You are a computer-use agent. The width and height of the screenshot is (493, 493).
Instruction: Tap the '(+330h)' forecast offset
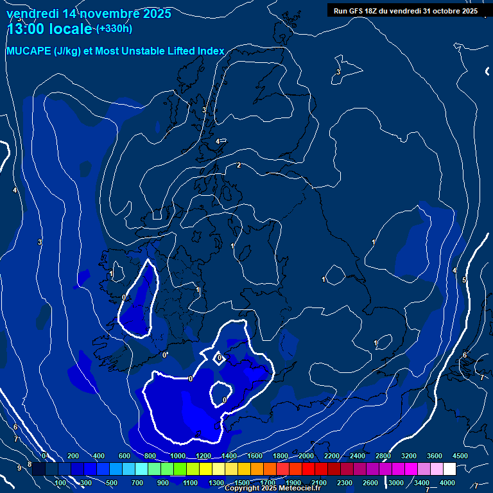coord(114,28)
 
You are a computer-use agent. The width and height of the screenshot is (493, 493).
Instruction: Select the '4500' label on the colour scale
coord(460,456)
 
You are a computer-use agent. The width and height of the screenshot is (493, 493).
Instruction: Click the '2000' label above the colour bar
coord(306,456)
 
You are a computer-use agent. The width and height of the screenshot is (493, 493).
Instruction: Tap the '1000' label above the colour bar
coord(177,456)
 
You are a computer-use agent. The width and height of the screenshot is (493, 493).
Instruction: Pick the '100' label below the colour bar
coord(61,483)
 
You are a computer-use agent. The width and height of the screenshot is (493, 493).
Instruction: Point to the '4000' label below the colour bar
coord(447,483)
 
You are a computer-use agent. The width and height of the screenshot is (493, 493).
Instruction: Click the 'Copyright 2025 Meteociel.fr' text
coord(272,489)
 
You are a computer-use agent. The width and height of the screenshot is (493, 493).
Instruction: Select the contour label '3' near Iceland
coord(338,72)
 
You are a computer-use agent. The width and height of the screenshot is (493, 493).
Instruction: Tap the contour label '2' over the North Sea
coord(239,166)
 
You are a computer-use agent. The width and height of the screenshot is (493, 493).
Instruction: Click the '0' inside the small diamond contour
coord(219,358)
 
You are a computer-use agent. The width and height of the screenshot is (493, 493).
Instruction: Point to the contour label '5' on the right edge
coord(464,281)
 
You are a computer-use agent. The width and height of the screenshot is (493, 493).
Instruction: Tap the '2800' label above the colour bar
coord(383,456)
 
